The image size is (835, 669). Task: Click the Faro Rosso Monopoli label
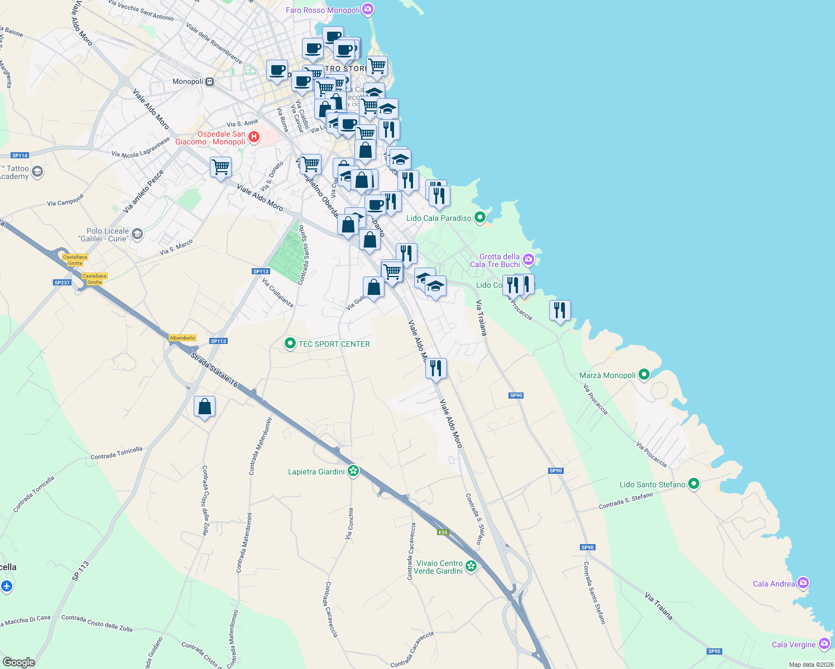coord(323,10)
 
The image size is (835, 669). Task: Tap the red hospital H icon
coord(254,137)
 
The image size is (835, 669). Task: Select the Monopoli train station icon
coord(209,81)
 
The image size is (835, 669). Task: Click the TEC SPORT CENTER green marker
coord(290,343)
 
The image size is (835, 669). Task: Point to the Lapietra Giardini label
coord(316,472)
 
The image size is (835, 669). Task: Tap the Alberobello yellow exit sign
coord(183,338)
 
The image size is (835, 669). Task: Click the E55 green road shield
coord(443,532)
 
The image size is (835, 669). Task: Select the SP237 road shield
coord(62,283)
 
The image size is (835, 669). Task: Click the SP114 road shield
coord(20,156)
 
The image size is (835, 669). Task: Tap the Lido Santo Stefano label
coord(652,484)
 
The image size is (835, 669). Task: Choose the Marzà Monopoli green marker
coord(644,375)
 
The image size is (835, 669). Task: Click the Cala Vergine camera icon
coord(824,644)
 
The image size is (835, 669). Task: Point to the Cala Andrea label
coord(774,584)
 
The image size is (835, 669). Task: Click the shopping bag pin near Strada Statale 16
coord(205,407)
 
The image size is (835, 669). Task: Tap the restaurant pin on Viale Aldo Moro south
coord(436,369)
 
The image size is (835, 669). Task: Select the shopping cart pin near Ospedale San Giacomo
coord(220,167)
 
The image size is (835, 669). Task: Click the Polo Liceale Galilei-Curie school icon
coord(137,235)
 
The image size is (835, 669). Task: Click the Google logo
coord(18,662)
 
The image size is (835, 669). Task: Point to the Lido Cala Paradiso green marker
coord(480,217)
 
